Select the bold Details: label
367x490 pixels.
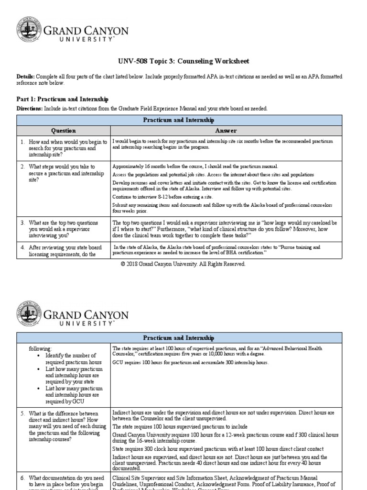[x=26, y=77]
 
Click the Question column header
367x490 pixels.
[x=63, y=131]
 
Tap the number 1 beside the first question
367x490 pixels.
[x=22, y=142]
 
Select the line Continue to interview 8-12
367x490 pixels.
[x=162, y=197]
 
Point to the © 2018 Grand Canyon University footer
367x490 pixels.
[x=183, y=264]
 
